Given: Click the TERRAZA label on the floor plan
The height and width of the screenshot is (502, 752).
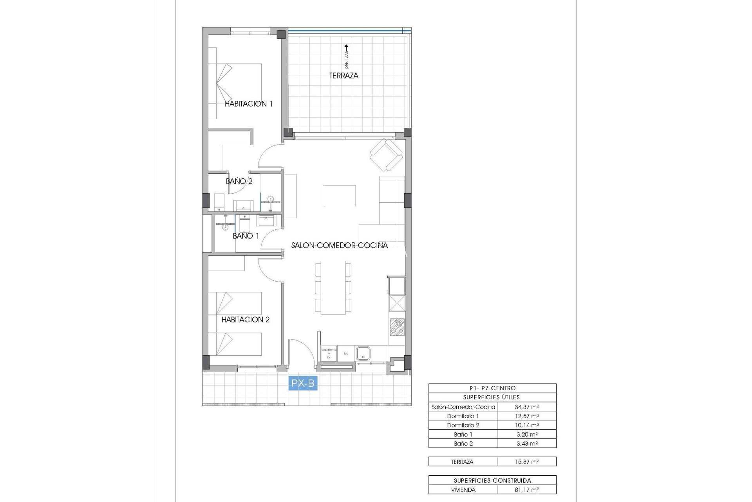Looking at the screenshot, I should pos(343,76).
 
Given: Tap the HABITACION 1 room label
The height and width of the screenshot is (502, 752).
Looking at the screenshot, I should pos(248,104).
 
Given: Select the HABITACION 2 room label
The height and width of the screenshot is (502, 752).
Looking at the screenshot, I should pos(246,320).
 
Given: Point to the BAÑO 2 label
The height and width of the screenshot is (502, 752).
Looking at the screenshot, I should pos(239,181).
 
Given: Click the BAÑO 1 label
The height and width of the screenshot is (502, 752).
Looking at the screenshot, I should pos(246,236).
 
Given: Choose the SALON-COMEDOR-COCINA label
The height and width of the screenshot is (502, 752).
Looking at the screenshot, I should pos(339,246).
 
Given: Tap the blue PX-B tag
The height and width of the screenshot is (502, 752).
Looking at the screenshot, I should pos(303,383).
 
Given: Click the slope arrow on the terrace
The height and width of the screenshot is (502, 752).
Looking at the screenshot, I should pos(346,49).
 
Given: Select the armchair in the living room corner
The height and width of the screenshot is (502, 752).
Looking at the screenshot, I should pos(386,155).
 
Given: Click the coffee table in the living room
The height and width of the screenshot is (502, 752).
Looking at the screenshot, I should pos(339,196).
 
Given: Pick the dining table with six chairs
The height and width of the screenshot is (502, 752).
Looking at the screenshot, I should pos(333,287).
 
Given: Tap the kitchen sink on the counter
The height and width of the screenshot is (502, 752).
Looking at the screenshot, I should pos(363,353).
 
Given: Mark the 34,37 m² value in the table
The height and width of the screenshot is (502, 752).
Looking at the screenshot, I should pos(527,407).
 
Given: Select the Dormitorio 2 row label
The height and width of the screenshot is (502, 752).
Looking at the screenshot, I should pos(463,425).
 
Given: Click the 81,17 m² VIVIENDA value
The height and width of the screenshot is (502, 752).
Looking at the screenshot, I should pos(527,490).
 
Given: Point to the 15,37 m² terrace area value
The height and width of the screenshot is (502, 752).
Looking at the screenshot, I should pos(527,462).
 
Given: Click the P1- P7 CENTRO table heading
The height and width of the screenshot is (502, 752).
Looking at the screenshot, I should pos(492,388).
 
